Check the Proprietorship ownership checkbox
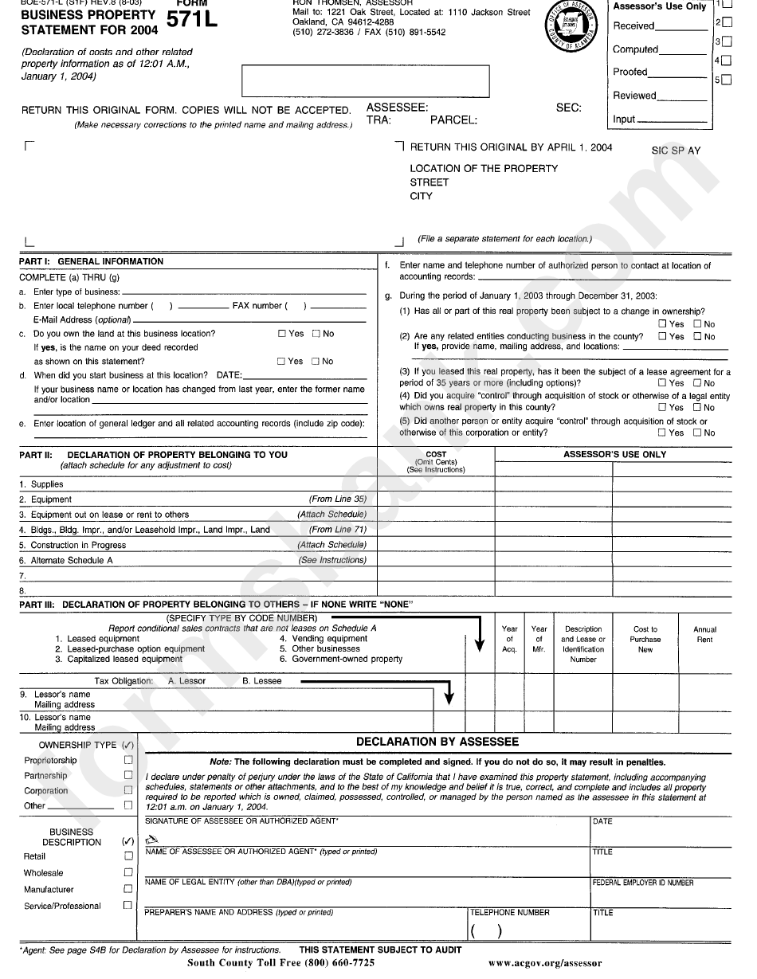128,760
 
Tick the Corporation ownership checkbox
128,790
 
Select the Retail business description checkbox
128,856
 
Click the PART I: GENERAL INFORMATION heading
92,261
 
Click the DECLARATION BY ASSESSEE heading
437,742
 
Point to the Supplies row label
47,484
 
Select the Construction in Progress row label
78,546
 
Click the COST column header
436,455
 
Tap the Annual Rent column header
704,634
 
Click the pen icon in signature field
152,840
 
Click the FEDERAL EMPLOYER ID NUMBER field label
642,883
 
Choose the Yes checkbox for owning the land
282,334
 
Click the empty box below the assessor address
365,80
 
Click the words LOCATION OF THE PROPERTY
484,168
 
